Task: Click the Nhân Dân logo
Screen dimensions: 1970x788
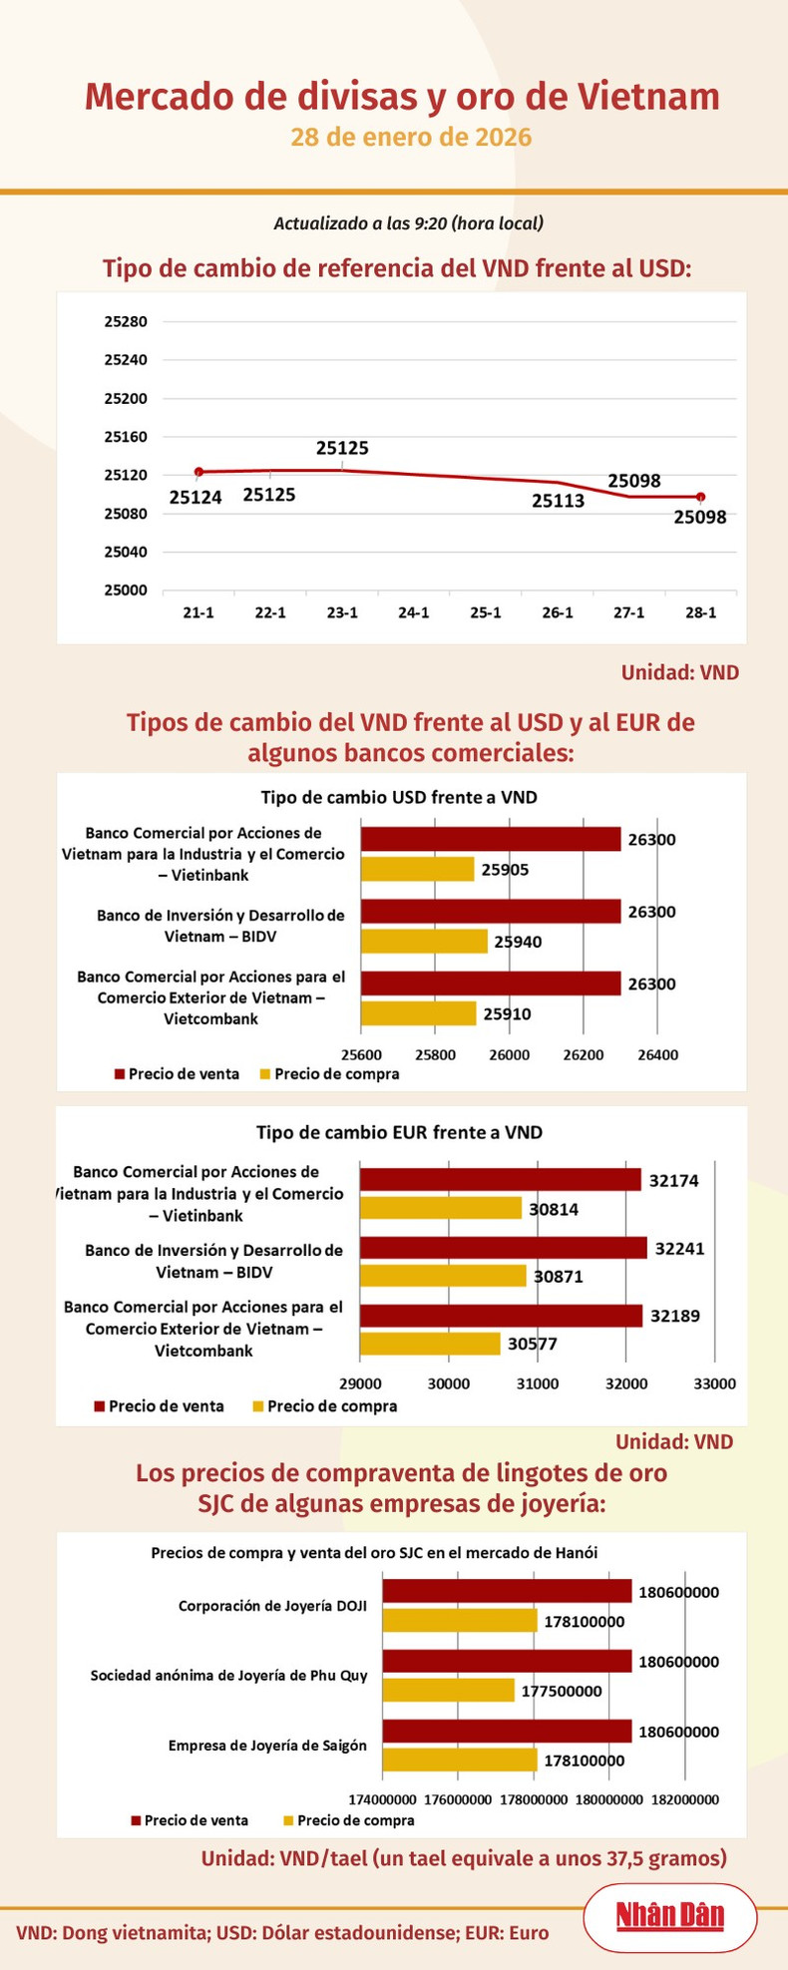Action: click(x=669, y=1915)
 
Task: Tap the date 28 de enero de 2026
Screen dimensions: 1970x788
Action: click(x=411, y=137)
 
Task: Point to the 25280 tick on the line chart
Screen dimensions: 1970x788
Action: click(x=126, y=322)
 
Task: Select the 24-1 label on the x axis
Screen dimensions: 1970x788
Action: click(x=414, y=612)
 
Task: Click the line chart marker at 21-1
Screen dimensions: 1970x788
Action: click(x=198, y=472)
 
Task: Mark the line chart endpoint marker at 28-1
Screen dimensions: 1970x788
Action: click(x=700, y=497)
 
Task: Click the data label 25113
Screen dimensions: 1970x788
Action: click(x=558, y=501)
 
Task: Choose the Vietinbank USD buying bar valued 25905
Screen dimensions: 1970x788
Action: click(x=417, y=869)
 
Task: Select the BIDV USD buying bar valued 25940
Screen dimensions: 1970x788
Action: click(x=424, y=941)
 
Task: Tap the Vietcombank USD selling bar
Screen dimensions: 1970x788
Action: click(x=490, y=984)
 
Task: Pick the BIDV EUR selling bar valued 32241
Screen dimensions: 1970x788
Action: click(x=503, y=1248)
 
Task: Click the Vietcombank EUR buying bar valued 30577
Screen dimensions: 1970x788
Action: click(x=430, y=1344)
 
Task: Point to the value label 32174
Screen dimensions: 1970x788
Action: click(x=674, y=1181)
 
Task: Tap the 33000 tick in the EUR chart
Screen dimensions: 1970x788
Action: click(x=714, y=1383)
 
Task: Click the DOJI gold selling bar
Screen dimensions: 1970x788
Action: click(x=507, y=1591)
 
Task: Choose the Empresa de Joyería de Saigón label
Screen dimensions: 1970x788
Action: click(x=267, y=1746)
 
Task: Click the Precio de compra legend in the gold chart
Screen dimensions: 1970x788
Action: click(x=349, y=1820)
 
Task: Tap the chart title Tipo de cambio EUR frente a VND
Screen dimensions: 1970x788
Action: click(x=399, y=1132)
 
